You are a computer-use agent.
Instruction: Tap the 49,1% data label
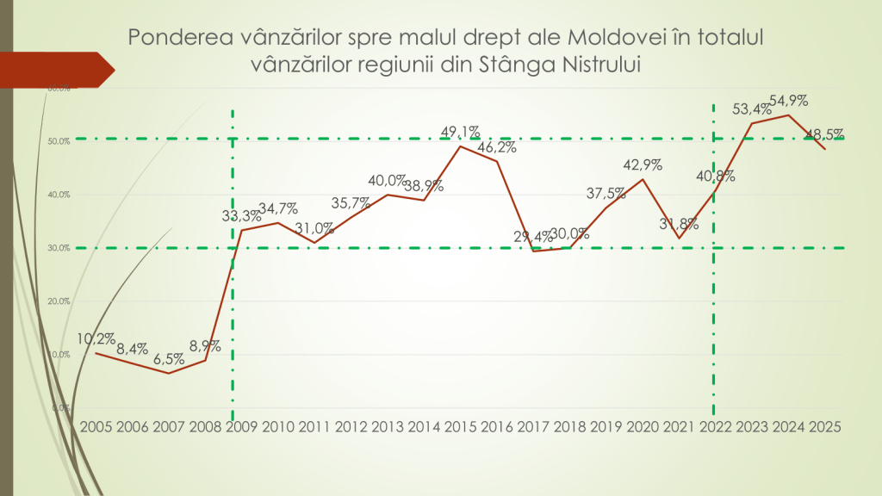460,133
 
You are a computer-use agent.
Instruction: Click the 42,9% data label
643,165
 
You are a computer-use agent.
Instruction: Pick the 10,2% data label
96,339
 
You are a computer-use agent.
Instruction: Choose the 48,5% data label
824,134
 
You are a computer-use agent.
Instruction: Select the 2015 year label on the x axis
461,425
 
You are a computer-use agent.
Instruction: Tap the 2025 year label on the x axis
825,425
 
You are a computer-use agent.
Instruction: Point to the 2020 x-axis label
643,425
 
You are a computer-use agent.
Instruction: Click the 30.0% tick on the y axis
58,248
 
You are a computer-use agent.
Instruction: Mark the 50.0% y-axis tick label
58,141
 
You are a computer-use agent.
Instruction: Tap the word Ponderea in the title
168,38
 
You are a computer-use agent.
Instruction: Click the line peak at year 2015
460,146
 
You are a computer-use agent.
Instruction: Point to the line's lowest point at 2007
169,373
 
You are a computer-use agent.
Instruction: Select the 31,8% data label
680,223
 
